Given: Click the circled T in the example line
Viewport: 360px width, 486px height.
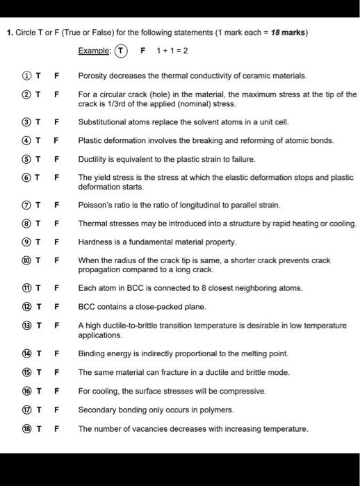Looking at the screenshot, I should [122, 51].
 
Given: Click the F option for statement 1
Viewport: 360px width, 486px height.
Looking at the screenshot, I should [56, 75].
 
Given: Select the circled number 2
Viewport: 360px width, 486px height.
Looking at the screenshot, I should [26, 94].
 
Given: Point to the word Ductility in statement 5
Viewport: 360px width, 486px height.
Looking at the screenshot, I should [92, 158].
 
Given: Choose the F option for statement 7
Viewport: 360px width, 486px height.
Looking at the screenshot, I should [56, 205].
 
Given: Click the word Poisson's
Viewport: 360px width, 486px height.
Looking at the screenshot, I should [95, 205].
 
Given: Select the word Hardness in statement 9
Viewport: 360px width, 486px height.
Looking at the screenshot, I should [95, 242].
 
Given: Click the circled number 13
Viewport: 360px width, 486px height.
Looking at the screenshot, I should [26, 326].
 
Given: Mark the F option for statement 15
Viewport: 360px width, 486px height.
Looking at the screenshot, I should [56, 372].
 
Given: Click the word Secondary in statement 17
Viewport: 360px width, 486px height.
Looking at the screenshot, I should [96, 410].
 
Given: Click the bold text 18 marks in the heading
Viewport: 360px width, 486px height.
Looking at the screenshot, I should [291, 32].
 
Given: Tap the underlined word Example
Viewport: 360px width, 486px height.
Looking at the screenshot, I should [94, 51].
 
